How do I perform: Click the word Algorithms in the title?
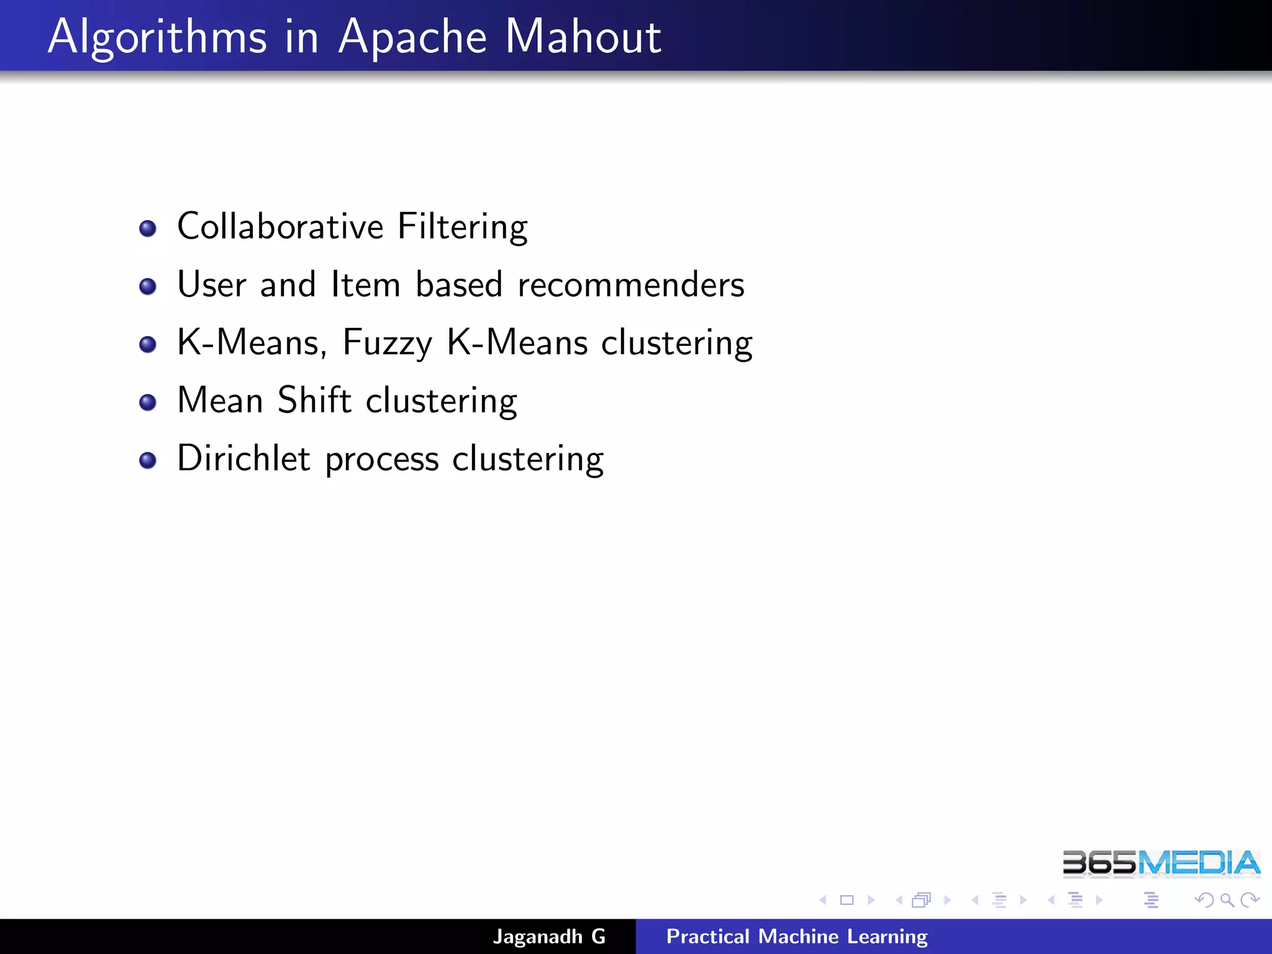[x=157, y=37]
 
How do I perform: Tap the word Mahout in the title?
[x=583, y=37]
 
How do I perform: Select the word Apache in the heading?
[x=412, y=37]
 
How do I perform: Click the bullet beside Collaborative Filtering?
[x=148, y=229]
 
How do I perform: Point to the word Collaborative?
[x=280, y=227]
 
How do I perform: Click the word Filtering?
[x=462, y=227]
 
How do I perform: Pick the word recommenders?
[x=630, y=285]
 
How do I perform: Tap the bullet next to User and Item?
[x=148, y=286]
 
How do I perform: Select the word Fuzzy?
[x=387, y=343]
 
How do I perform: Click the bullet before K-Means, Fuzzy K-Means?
[x=148, y=344]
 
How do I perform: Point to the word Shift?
[x=315, y=400]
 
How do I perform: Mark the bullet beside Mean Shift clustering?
[x=148, y=402]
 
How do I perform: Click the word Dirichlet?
[x=243, y=458]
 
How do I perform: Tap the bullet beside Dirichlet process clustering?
[x=148, y=460]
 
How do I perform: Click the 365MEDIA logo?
[x=1161, y=863]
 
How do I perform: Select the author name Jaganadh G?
[x=549, y=937]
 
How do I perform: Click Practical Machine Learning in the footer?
[x=797, y=937]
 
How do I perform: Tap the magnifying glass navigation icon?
[x=1227, y=900]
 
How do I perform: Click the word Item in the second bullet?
[x=365, y=285]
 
